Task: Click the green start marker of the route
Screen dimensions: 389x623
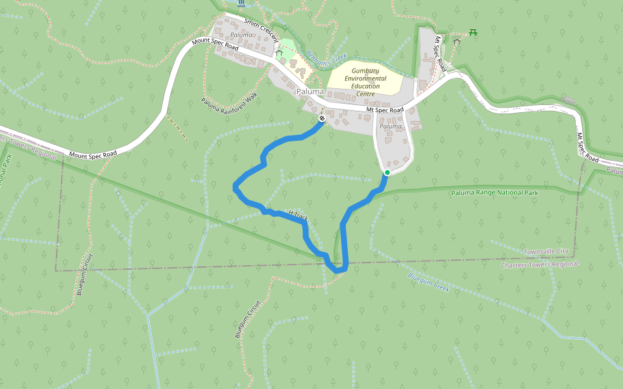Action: coord(387,172)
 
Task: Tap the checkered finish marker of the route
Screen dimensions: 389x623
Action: coord(322,119)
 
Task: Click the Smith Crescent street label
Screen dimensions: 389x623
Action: coord(262,29)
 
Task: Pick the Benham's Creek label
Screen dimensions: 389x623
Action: coord(327,59)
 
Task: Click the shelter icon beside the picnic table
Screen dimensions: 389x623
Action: coord(457,41)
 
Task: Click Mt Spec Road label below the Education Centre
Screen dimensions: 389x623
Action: coord(385,110)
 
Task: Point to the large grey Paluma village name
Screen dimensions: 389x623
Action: coord(310,92)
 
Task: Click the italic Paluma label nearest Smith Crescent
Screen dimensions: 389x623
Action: coord(240,34)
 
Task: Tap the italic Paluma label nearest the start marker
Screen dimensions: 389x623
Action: coord(391,126)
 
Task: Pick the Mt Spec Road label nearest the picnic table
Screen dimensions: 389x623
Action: coord(440,53)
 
